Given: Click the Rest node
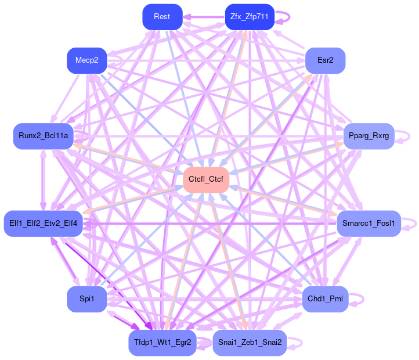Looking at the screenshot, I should point(162,17).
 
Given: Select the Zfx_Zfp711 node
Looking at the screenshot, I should point(249,17).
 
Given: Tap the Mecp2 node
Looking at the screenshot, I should point(86,60).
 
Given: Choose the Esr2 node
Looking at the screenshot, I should point(325,60).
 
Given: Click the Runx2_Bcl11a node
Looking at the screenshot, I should point(44,136).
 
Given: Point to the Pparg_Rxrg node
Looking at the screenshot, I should point(369,136).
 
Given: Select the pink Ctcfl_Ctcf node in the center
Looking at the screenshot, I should point(206,180).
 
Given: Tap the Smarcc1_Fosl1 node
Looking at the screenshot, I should point(369,224).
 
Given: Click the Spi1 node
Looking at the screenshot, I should point(86,299).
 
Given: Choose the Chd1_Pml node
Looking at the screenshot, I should point(325,299).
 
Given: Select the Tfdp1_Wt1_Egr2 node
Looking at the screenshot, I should point(162,343).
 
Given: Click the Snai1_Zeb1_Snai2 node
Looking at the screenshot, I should point(249,343).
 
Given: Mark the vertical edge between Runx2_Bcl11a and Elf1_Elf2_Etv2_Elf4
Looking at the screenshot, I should point(42,180).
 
